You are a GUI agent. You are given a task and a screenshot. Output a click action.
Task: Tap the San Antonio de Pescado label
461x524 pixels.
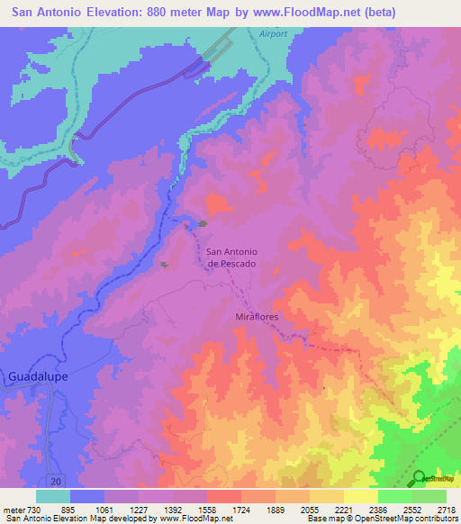232,257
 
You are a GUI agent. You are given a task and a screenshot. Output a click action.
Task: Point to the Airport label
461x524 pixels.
272,33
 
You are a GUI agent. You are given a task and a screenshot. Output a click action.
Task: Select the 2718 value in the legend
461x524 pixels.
446,510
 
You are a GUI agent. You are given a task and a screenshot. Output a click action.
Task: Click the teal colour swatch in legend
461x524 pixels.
53,496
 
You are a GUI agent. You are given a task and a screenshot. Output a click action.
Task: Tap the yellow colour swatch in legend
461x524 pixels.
360,496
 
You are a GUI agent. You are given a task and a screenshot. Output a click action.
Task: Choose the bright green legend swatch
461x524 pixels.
394,496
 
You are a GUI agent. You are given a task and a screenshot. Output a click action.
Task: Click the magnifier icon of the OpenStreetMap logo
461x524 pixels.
420,477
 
